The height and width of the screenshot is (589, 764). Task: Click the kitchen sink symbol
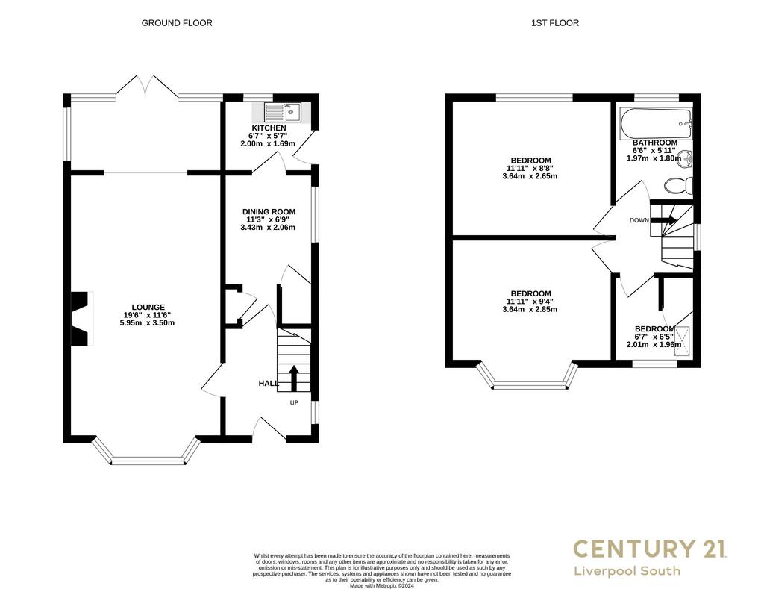283,112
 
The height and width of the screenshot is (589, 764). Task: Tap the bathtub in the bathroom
656,123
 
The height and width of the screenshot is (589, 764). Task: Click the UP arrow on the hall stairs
294,378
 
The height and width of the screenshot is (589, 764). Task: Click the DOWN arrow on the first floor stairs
664,220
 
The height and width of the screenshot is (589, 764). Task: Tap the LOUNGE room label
149,307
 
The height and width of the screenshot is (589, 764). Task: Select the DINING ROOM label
269,211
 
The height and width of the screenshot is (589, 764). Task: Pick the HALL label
269,383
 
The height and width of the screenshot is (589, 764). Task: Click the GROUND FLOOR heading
177,23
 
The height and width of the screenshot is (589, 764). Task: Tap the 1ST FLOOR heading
555,23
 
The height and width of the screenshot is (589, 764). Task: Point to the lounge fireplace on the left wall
82,319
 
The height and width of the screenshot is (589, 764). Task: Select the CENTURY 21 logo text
650,549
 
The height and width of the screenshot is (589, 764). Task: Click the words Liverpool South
627,570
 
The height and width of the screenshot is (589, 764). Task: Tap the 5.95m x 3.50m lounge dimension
147,322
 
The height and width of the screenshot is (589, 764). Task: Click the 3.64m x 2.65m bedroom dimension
530,176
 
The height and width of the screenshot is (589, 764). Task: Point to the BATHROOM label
655,143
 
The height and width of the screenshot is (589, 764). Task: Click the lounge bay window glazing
148,461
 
